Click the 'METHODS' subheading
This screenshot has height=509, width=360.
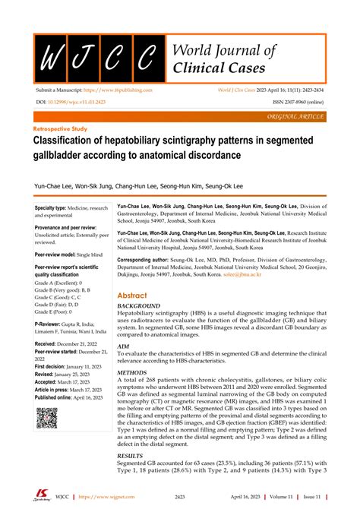click(134, 375)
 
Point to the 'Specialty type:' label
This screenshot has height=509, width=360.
click(55, 207)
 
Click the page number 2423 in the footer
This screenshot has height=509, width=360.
click(180, 497)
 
